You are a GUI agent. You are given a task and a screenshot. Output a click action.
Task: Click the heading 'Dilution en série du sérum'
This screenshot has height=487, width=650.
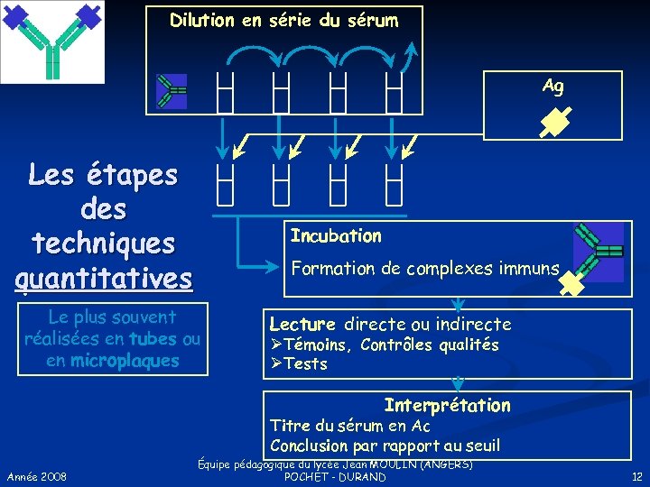click(x=283, y=20)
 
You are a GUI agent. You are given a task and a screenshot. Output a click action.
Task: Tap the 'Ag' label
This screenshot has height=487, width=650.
click(x=552, y=86)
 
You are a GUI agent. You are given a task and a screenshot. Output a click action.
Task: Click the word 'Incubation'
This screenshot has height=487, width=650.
click(x=336, y=236)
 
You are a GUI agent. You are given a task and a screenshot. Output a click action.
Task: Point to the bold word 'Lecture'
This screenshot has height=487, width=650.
click(x=302, y=324)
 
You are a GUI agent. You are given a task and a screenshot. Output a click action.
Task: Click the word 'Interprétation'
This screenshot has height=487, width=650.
click(x=447, y=406)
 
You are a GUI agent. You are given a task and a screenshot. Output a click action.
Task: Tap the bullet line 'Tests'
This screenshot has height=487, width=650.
click(x=305, y=364)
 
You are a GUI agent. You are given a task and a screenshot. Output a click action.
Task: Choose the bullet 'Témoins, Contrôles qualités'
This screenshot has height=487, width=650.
click(x=391, y=345)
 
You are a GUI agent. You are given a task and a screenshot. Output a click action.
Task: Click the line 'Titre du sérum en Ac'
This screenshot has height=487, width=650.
click(x=350, y=426)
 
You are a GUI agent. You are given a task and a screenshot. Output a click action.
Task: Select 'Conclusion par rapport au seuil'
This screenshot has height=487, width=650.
click(x=385, y=446)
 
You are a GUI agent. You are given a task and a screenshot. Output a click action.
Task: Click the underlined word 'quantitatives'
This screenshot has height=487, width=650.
click(x=104, y=277)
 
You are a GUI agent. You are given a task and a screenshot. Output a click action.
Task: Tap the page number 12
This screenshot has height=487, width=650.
click(x=636, y=475)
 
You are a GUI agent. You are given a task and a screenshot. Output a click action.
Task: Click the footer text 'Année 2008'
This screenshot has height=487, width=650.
click(x=35, y=475)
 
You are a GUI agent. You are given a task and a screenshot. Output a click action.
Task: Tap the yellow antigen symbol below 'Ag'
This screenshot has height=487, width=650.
click(x=552, y=122)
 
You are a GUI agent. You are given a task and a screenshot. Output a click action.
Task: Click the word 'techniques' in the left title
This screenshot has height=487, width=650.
click(x=104, y=243)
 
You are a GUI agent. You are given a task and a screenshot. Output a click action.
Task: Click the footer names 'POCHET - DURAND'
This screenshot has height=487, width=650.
click(x=335, y=477)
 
